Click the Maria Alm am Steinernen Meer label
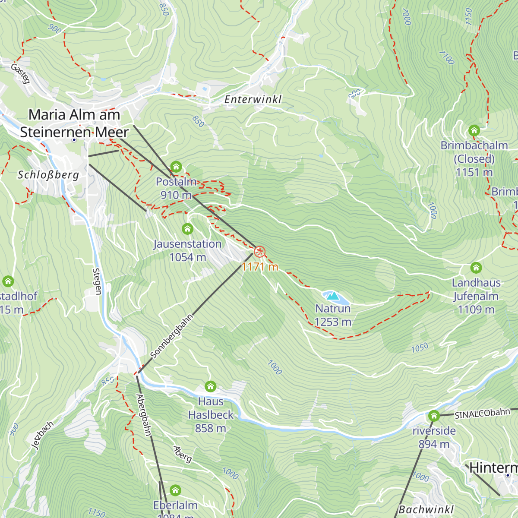tap(74, 123)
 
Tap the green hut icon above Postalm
tap(176, 167)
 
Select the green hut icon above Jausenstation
tap(187, 229)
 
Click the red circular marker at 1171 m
tap(259, 252)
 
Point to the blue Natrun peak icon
tap(332, 296)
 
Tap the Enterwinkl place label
tap(253, 100)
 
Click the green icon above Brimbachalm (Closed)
tap(474, 130)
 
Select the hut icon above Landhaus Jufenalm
tap(476, 268)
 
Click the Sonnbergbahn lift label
tap(171, 336)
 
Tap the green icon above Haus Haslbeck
tap(210, 386)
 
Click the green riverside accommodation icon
tap(433, 416)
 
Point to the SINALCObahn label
tap(482, 414)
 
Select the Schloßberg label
tap(48, 175)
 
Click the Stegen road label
tap(97, 281)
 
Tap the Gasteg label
tap(20, 73)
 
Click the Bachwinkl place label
tap(426, 510)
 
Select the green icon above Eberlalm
tap(175, 490)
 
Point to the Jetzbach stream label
tap(43, 435)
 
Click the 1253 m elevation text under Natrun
tap(333, 322)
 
